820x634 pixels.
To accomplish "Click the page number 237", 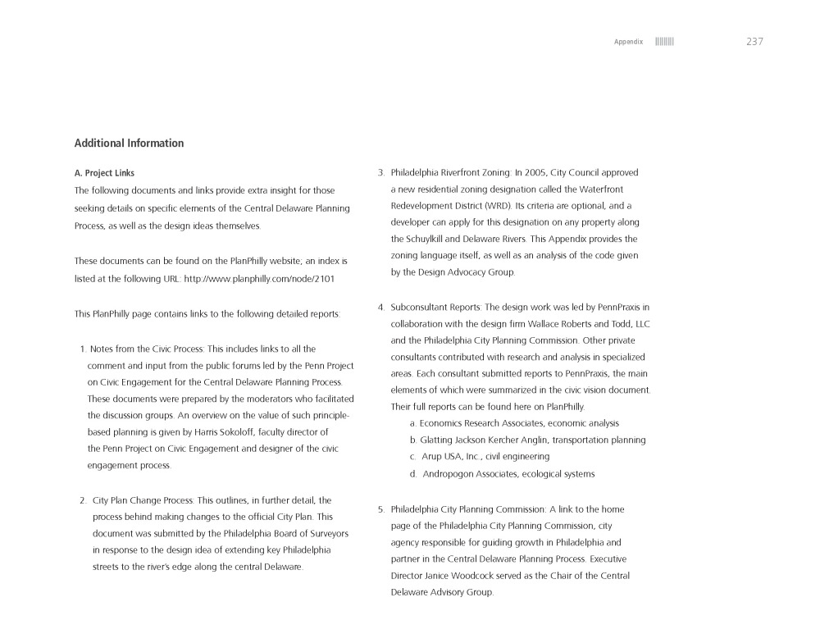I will point(754,42).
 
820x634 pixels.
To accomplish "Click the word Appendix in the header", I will point(628,42).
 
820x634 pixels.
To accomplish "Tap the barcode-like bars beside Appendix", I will point(664,42).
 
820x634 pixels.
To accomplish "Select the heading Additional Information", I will point(129,144).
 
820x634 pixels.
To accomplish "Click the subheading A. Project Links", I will point(104,173).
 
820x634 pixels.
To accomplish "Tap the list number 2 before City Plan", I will point(83,500).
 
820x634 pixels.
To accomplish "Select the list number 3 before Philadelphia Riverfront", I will point(381,173).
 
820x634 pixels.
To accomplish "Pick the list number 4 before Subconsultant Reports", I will point(381,308).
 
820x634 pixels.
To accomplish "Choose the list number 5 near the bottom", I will point(381,509).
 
